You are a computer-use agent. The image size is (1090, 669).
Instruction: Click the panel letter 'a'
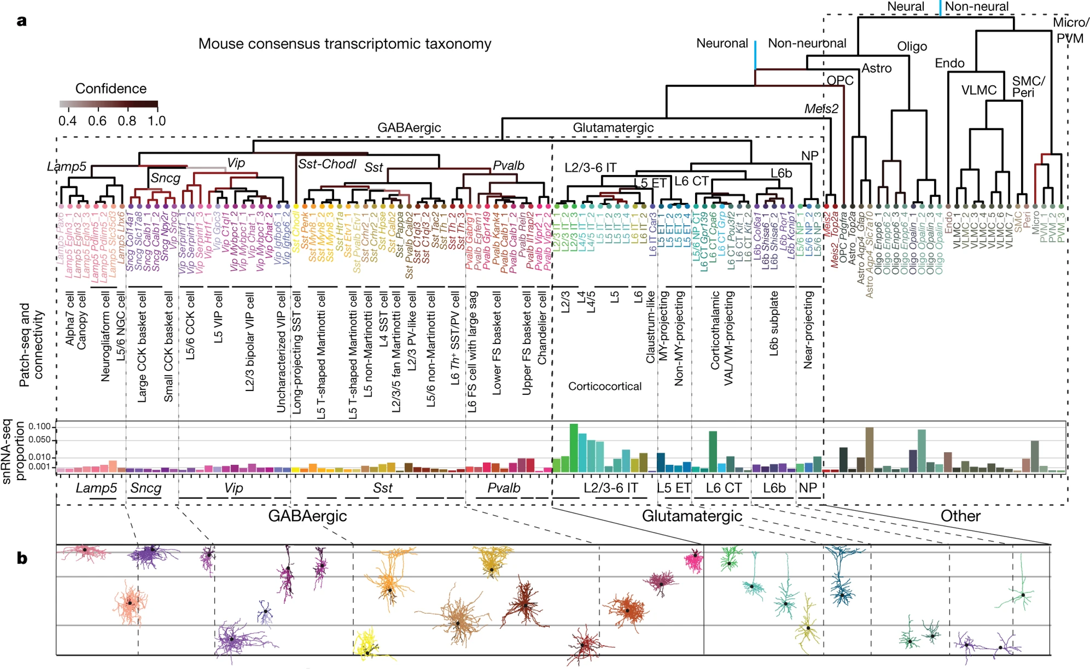tap(21, 21)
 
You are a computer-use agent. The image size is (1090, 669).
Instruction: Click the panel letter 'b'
tap(22, 558)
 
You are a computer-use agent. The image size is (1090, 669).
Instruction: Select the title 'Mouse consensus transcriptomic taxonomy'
tap(344, 44)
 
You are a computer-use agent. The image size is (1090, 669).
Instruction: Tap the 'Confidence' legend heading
tap(110, 88)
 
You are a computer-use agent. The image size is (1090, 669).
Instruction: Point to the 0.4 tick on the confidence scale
tap(67, 121)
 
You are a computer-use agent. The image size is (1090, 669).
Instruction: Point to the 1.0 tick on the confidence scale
tap(156, 121)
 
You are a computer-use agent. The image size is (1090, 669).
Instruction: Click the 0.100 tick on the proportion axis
tap(40, 426)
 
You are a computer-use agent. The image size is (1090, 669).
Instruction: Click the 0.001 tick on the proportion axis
tap(40, 467)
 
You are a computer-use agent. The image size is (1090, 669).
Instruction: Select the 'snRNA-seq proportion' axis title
tap(14, 451)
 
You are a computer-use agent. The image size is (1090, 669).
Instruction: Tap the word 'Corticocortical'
tap(605, 386)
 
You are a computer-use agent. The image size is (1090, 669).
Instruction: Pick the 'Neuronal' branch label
tap(722, 43)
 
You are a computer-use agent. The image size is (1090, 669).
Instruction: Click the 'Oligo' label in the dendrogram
tap(911, 46)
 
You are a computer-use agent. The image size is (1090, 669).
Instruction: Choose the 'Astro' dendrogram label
tap(876, 69)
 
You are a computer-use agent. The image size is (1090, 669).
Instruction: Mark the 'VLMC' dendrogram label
tap(979, 90)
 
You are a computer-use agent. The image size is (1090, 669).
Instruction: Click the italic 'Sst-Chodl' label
tap(327, 164)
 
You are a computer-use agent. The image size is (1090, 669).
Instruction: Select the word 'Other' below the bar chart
tap(960, 516)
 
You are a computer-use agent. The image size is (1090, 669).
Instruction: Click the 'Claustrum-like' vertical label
tap(650, 327)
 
